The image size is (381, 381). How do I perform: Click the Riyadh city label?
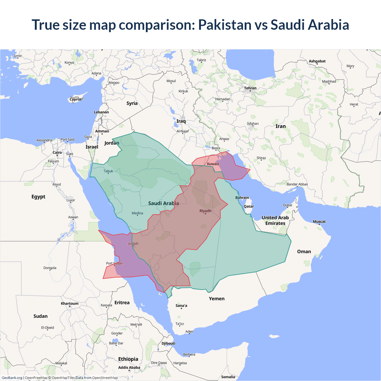tap(205, 211)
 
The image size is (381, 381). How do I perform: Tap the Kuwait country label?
tap(213, 164)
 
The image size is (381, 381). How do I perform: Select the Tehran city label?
tap(250, 88)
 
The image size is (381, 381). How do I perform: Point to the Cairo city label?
tap(57, 152)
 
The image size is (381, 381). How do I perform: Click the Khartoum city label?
tap(70, 304)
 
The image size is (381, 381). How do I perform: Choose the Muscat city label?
tap(319, 221)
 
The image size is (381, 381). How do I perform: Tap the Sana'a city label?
tap(181, 305)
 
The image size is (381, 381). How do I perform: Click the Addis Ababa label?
tap(129, 368)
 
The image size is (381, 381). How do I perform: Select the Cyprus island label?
tap(76, 99)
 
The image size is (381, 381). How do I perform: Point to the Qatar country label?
tap(249, 206)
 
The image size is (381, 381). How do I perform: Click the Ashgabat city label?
tap(317, 61)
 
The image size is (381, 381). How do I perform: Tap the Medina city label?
tap(137, 213)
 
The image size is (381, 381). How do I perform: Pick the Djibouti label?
tap(168, 343)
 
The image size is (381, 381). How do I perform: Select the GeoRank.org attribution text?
tap(12, 378)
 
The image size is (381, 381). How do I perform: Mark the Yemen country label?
tap(216, 299)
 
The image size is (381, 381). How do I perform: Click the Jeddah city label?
tap(133, 243)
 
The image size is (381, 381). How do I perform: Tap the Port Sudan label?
tap(114, 263)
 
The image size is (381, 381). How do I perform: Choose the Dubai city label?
tap(288, 205)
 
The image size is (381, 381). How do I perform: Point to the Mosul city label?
tap(171, 81)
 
